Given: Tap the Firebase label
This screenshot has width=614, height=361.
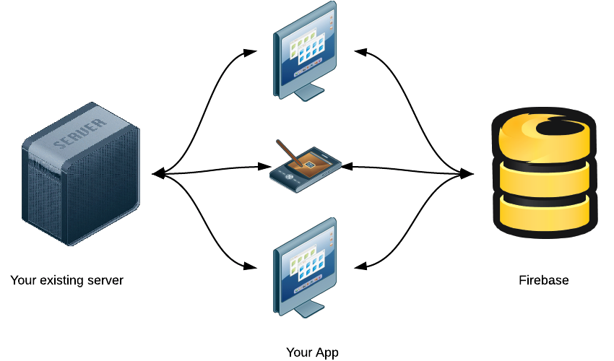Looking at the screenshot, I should [x=544, y=280].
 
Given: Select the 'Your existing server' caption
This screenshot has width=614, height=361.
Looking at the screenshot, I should [x=67, y=280].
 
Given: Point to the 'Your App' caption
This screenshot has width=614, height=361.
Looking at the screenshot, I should [x=312, y=352].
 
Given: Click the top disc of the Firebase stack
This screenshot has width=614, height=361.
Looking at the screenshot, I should [x=545, y=134].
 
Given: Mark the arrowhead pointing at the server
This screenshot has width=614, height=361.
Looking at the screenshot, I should [x=158, y=174].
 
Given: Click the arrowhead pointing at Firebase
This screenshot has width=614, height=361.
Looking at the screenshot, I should [x=467, y=174].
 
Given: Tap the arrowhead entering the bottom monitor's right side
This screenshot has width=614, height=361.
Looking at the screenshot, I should [x=361, y=266].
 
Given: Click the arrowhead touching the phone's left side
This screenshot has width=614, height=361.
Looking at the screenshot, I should [x=265, y=167].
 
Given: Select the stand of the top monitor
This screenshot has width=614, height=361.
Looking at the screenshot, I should [x=307, y=92].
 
